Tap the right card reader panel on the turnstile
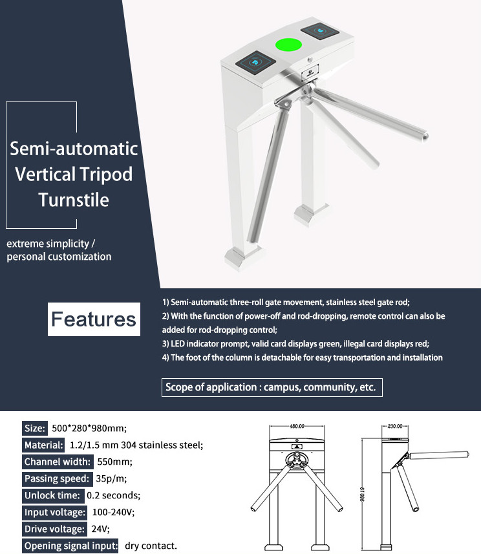321,30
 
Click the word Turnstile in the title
73,200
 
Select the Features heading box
94,319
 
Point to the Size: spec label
34,428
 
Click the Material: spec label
43,445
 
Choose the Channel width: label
56,462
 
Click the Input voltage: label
54,512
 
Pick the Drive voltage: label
54,529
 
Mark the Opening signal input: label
70,546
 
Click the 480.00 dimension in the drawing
297,427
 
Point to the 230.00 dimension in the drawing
394,427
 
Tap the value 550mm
114,462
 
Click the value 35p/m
112,478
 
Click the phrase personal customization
59,257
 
